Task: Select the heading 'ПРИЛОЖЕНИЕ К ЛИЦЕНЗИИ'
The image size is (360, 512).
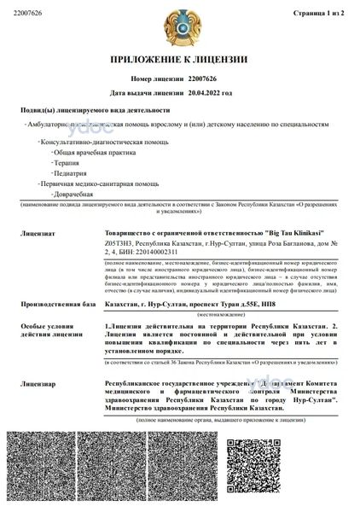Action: coord(179,61)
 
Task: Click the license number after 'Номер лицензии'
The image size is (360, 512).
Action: coord(202,78)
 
